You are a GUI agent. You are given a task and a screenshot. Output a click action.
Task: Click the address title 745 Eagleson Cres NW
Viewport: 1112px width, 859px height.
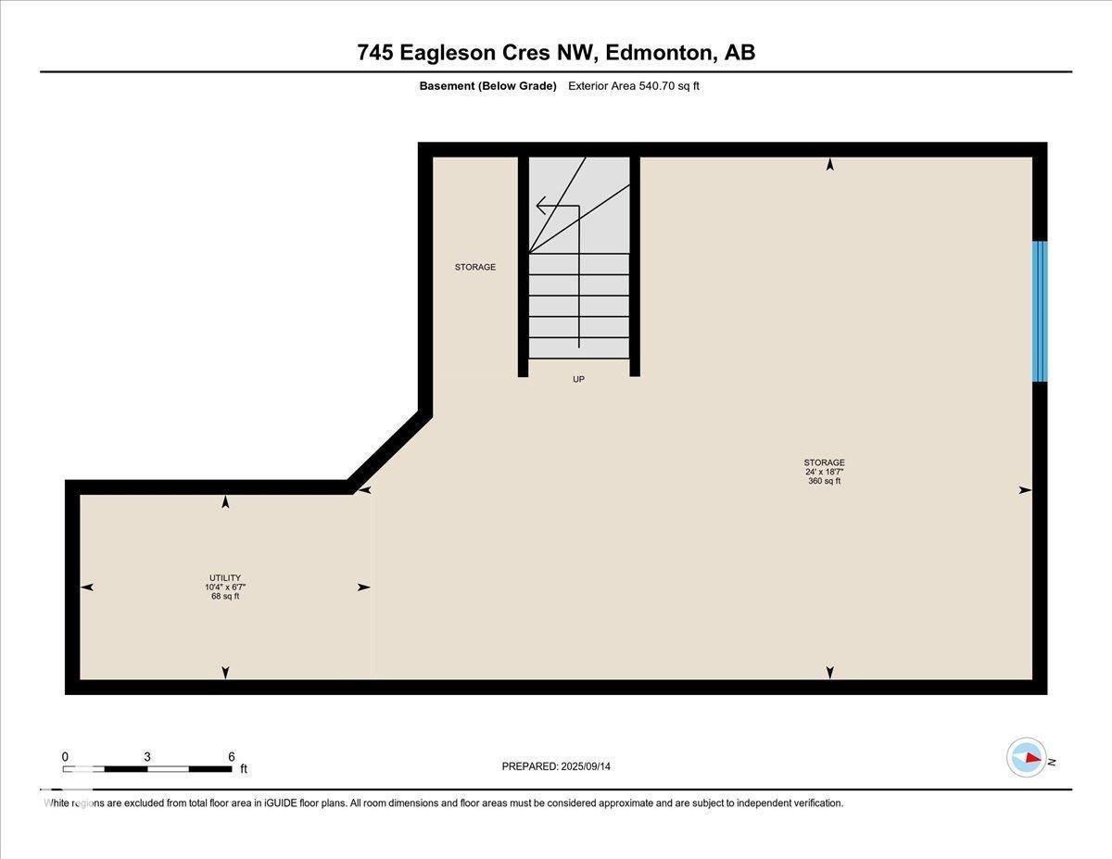(556, 53)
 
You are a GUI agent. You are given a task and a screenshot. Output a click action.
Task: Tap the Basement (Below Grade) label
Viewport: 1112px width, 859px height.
(487, 86)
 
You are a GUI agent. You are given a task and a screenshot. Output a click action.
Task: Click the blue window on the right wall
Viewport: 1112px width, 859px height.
(1040, 311)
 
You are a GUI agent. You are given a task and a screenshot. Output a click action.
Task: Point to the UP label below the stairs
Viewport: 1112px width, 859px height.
(578, 379)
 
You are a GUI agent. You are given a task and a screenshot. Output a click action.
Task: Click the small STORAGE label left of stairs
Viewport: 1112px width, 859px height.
(474, 267)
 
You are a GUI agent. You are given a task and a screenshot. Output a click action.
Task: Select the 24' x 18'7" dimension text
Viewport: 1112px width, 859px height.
(824, 472)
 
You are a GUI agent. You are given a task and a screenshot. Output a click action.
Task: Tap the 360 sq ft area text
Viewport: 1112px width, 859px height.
(824, 481)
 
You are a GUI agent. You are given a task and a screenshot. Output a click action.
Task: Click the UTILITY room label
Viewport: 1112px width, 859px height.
(225, 578)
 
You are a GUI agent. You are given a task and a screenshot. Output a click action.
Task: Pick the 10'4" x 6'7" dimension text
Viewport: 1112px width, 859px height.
(225, 587)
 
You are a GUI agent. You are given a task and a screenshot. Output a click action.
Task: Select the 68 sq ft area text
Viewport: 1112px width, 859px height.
(225, 597)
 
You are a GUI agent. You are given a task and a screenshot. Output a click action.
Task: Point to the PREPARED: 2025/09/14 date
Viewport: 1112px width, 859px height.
(556, 766)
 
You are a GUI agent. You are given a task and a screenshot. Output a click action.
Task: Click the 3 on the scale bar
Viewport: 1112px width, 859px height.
(147, 756)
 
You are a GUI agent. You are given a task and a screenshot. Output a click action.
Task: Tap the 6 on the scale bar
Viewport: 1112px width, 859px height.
(231, 756)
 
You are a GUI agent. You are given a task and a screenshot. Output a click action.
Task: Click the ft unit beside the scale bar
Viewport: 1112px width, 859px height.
(244, 769)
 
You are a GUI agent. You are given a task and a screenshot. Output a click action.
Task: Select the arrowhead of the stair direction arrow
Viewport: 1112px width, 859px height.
(540, 206)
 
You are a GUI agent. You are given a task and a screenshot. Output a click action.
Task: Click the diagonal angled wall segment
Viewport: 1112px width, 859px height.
(387, 451)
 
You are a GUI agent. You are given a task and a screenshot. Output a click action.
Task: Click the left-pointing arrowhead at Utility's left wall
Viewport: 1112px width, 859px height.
(87, 587)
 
